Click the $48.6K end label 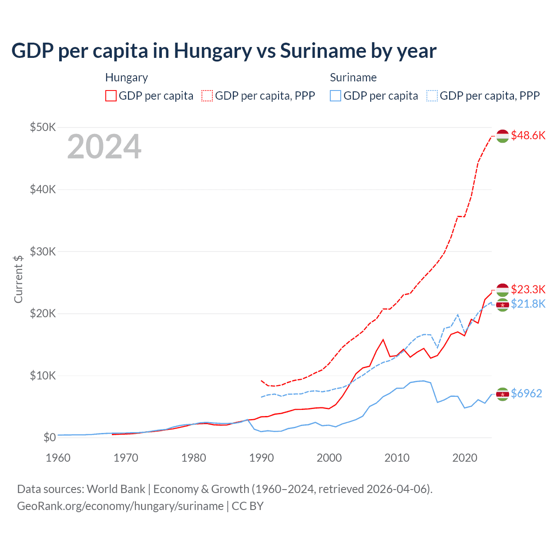tap(528, 135)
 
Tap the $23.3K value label tap(528, 289)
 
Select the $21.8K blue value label tap(528, 304)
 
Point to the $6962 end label tap(526, 393)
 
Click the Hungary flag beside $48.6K tap(503, 136)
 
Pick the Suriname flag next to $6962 tap(503, 394)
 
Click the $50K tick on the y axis tap(43, 127)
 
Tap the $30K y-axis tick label tap(43, 252)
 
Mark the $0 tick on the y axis tap(50, 437)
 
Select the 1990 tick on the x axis tap(262, 458)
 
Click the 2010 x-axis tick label tap(397, 458)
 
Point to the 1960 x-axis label tap(58, 458)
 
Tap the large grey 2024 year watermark tap(104, 147)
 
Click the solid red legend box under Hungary tap(111, 96)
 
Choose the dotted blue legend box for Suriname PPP tap(432, 96)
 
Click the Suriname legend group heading tap(353, 77)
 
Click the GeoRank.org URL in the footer tap(120, 506)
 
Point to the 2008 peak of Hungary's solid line tap(383, 339)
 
